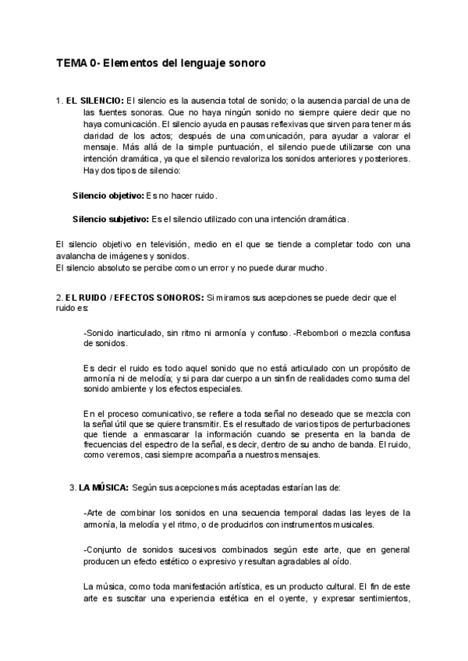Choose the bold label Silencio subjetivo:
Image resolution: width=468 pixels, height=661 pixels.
pyautogui.click(x=110, y=220)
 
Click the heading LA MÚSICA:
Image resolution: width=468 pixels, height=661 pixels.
pyautogui.click(x=105, y=488)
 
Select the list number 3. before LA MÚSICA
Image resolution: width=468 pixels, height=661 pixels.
pyautogui.click(x=73, y=488)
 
